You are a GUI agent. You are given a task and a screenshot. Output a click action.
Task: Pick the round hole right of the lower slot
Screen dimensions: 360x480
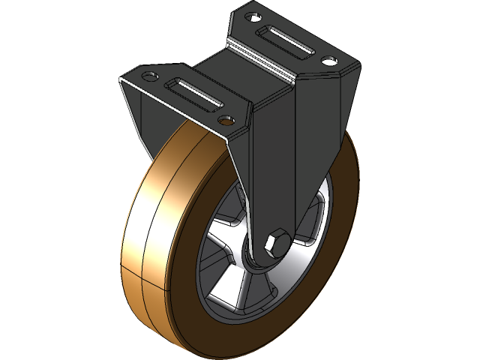(225, 118)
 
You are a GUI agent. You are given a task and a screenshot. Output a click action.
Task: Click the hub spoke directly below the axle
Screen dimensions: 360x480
(262, 289)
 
